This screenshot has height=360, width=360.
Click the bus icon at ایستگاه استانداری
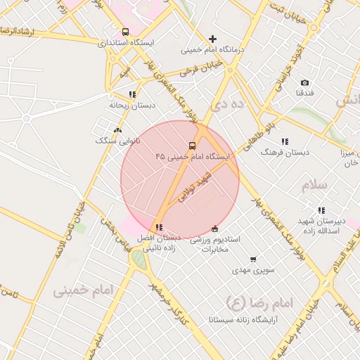click(125, 32)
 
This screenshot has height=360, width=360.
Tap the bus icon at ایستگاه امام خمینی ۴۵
click(193, 146)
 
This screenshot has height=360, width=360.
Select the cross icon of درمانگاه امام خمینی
click(213, 39)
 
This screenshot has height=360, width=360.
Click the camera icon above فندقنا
click(304, 82)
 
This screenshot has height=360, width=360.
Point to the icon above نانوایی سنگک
click(117, 130)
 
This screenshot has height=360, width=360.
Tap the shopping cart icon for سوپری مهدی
click(253, 259)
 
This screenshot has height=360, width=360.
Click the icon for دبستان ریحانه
click(131, 94)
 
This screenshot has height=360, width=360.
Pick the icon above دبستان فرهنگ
click(285, 141)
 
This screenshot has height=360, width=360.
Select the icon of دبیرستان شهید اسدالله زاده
click(321, 210)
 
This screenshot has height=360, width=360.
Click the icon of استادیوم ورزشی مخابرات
click(215, 229)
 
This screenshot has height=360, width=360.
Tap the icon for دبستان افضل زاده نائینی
click(160, 227)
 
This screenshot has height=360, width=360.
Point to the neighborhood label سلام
click(314, 186)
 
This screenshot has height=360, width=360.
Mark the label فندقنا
click(304, 93)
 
